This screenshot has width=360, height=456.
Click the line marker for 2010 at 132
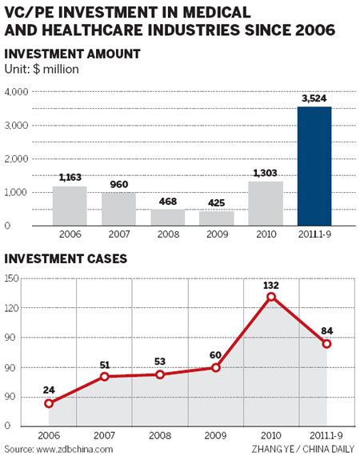click(x=272, y=297)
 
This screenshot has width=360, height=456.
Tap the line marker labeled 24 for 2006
click(x=50, y=402)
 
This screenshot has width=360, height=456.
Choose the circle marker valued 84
click(x=326, y=343)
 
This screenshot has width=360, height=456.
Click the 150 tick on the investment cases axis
click(x=11, y=278)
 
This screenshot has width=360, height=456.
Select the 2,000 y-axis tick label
click(x=16, y=159)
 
